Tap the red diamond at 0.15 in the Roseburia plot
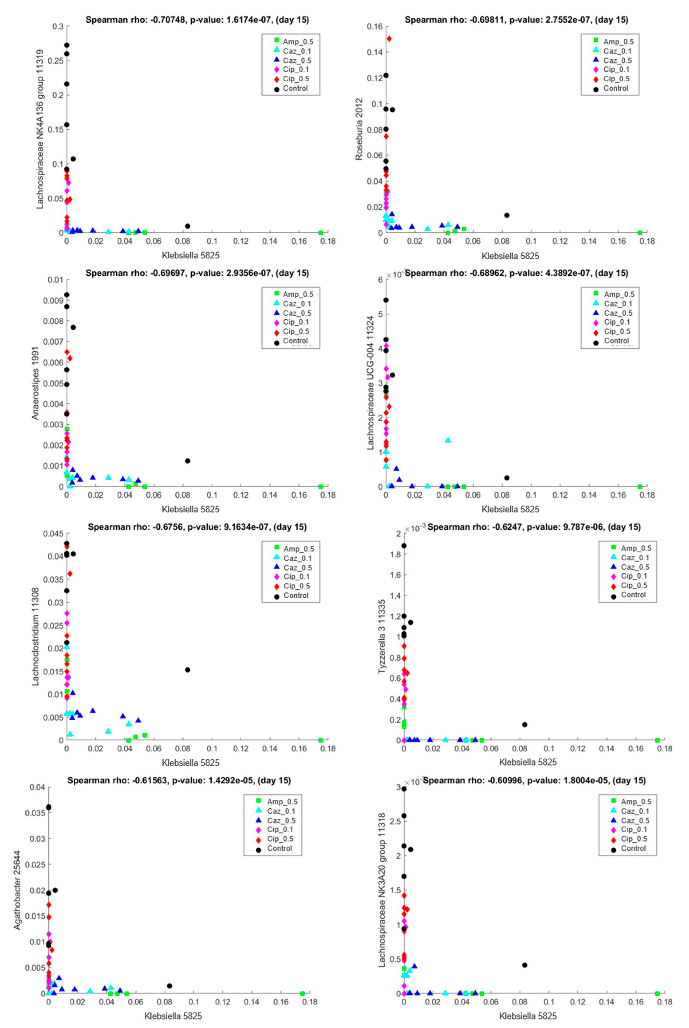click(389, 39)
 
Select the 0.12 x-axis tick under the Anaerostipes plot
click(241, 495)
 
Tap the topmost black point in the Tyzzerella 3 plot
click(404, 546)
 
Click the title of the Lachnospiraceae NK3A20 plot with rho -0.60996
click(534, 780)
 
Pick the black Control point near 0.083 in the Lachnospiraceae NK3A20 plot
click(524, 965)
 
